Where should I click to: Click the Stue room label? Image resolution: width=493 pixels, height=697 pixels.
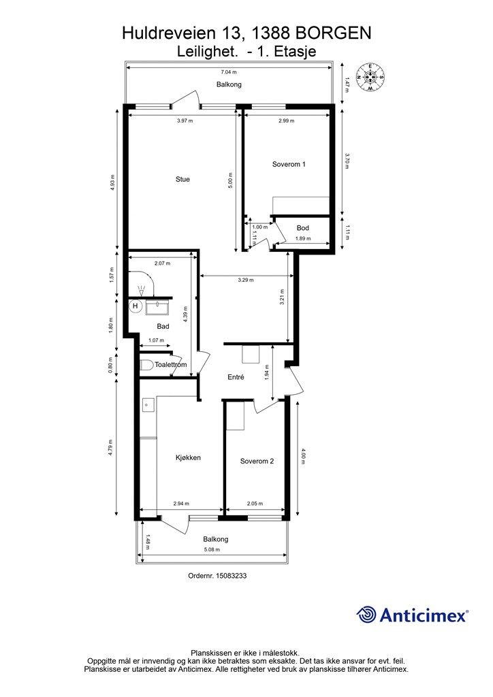(182, 179)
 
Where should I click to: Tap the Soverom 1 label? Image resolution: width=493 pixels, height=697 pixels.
(289, 164)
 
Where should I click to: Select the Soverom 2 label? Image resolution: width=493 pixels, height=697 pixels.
(257, 461)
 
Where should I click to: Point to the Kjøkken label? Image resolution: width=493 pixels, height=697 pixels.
(188, 457)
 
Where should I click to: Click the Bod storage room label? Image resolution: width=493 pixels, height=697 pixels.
(303, 228)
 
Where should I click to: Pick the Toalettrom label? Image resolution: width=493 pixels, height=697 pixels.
(170, 365)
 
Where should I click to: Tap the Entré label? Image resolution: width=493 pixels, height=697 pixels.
(236, 377)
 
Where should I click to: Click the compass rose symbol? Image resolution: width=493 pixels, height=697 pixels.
(370, 77)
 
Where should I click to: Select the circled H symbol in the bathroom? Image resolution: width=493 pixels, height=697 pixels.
(135, 306)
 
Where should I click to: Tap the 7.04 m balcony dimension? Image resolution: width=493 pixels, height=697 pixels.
(229, 72)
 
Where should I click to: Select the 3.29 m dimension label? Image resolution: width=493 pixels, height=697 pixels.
(246, 280)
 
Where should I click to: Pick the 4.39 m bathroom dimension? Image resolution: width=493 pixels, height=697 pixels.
(186, 314)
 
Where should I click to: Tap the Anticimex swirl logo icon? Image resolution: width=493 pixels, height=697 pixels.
(366, 615)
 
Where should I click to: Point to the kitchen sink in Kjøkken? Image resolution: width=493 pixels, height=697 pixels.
(148, 405)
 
